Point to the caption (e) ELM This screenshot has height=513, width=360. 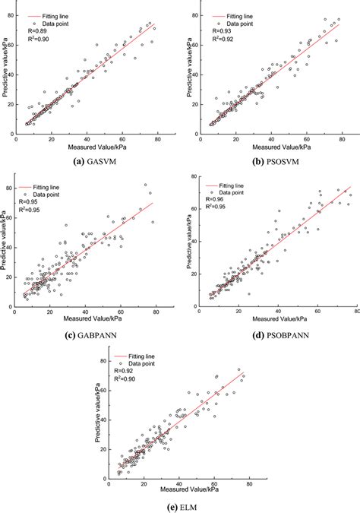coord(181,502)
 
